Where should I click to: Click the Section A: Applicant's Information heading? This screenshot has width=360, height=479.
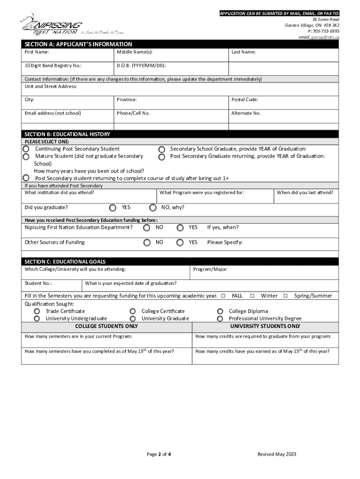click(79, 44)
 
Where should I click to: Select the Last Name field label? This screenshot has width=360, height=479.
click(244, 52)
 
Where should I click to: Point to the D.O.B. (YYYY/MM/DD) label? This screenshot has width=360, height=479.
click(141, 65)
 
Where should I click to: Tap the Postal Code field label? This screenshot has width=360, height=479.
click(245, 100)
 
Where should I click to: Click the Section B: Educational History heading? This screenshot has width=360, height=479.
click(67, 134)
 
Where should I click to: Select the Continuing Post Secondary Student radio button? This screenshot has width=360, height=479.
click(27, 149)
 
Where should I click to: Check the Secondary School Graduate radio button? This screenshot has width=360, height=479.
click(162, 149)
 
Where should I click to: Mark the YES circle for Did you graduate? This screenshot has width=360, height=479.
click(113, 207)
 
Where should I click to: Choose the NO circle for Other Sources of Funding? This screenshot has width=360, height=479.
click(147, 242)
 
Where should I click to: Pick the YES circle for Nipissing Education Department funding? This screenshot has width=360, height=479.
click(180, 228)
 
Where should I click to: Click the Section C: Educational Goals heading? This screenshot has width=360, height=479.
click(65, 261)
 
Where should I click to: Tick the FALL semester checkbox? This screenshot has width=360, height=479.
click(223, 296)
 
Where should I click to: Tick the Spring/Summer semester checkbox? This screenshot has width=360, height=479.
click(285, 296)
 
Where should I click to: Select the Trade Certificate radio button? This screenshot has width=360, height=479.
click(37, 312)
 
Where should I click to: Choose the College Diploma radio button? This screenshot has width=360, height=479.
click(220, 312)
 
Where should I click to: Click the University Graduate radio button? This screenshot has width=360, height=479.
click(133, 319)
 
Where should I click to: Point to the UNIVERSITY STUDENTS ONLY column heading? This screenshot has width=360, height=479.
click(265, 326)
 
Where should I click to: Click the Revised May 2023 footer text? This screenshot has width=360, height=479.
click(277, 454)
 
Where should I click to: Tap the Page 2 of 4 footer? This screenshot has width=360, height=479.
click(159, 454)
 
